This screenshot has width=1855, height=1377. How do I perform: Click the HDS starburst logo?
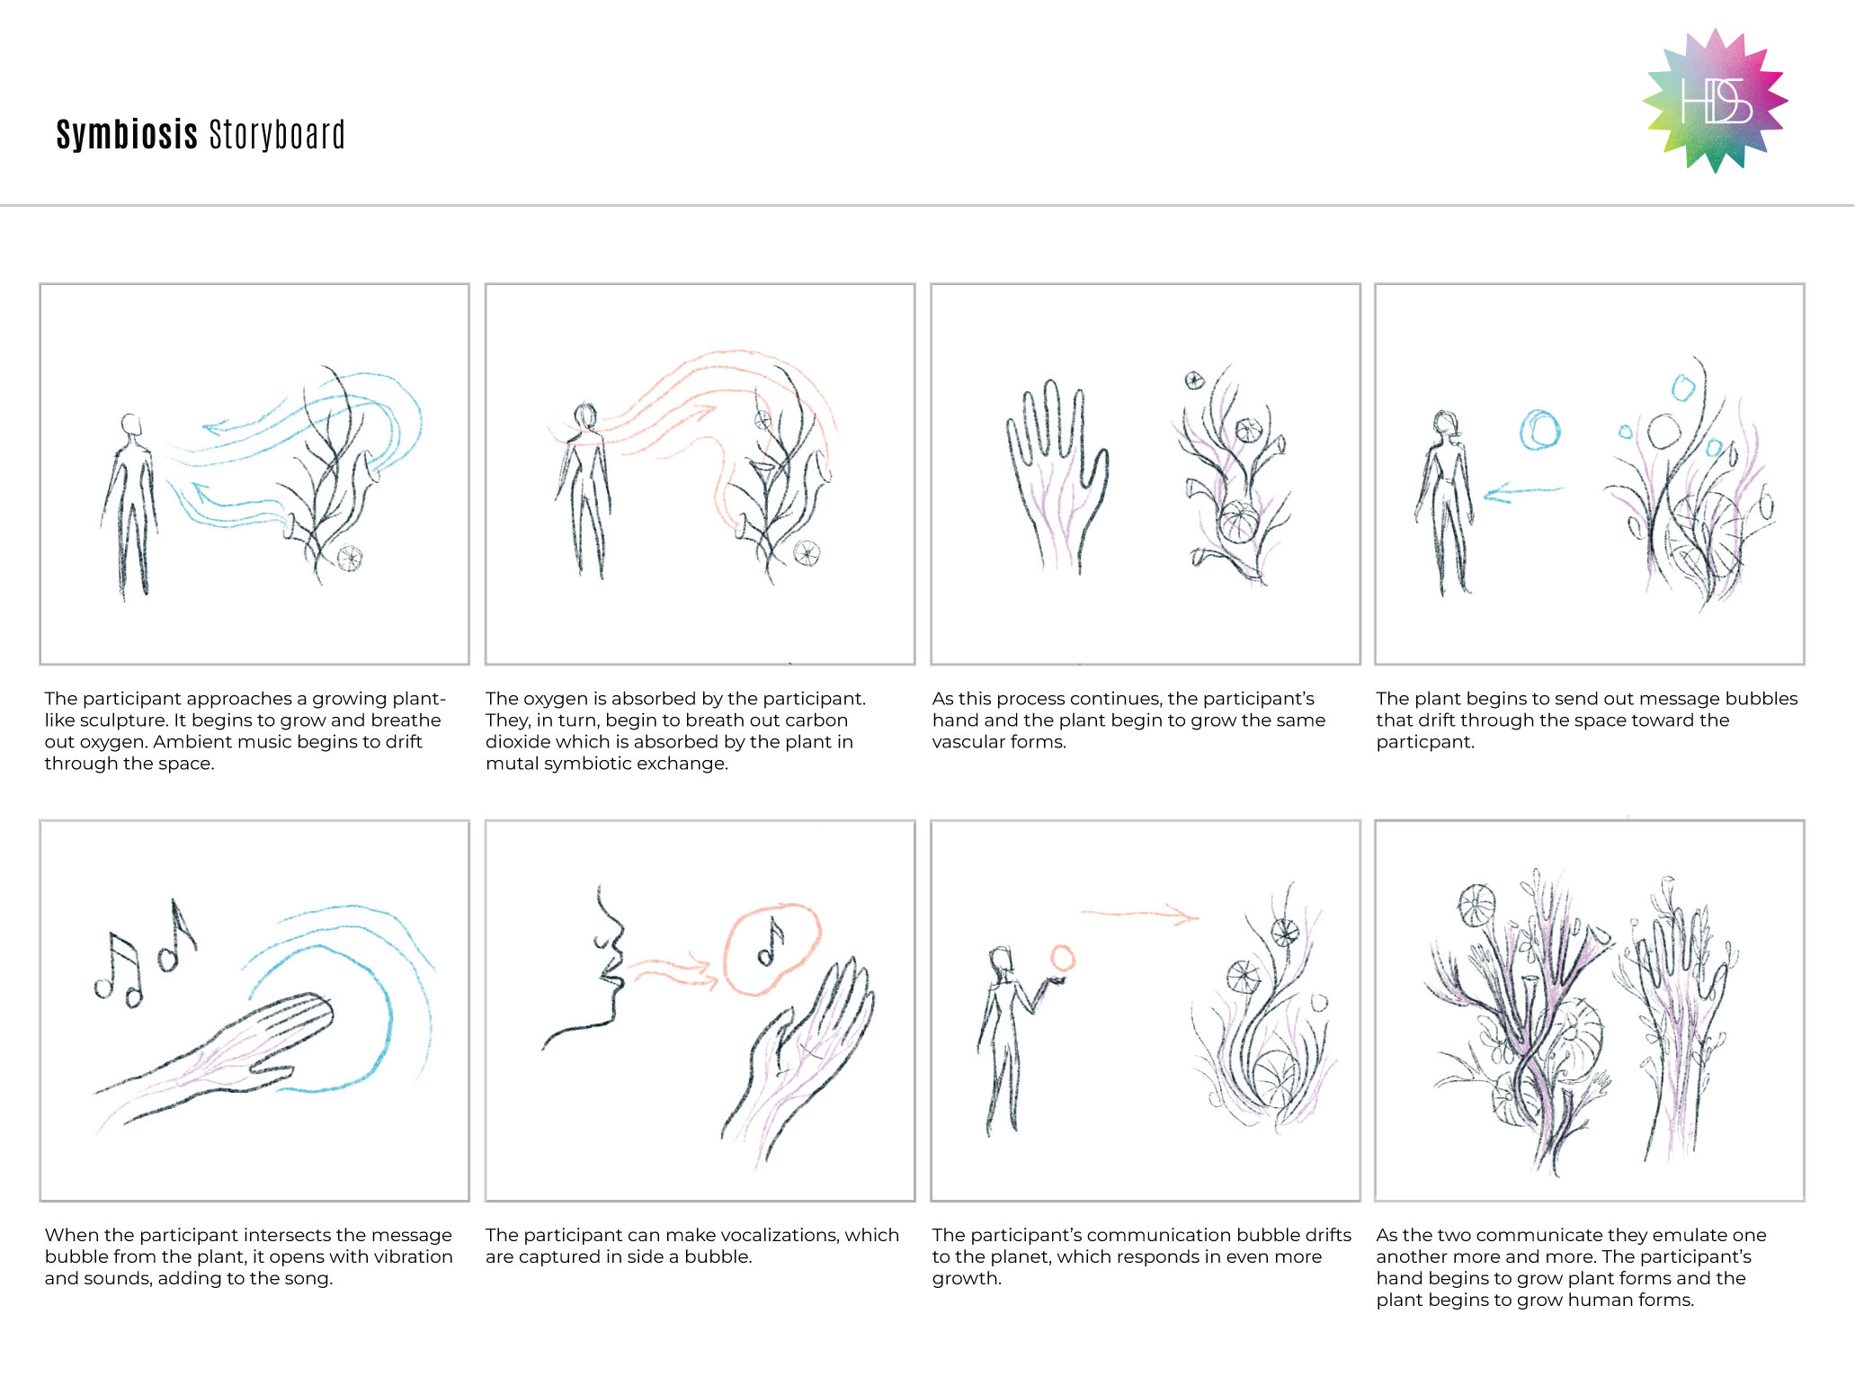point(1715,100)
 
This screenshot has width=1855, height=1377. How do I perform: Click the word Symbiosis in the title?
point(127,135)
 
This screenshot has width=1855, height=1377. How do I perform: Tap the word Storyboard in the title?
point(277,135)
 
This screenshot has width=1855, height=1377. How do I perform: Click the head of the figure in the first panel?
point(131,425)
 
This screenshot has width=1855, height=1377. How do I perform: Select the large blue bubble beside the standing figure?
point(1539,429)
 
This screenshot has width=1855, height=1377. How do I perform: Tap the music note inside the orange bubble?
point(771,942)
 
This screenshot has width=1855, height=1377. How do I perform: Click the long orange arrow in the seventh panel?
point(1139,914)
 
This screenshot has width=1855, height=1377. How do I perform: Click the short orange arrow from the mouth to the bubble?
point(673,972)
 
